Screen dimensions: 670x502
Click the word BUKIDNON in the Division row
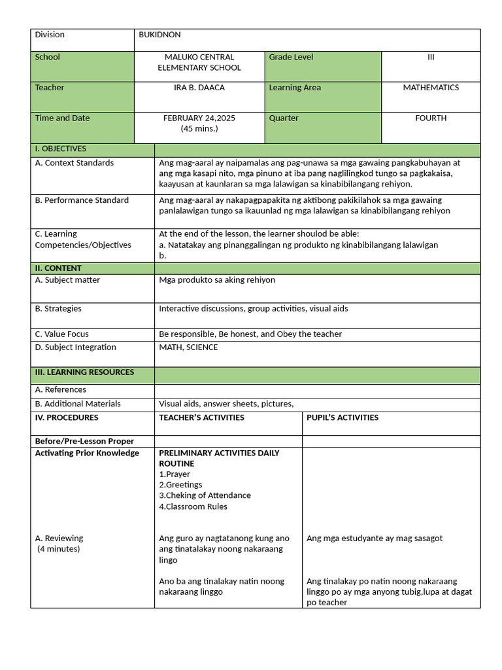[x=159, y=35]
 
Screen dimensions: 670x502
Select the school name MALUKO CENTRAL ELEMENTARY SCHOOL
[x=199, y=62]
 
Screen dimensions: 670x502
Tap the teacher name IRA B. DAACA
[x=199, y=88]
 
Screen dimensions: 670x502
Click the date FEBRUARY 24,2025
[x=199, y=118]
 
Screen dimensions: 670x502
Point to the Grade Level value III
[x=431, y=58]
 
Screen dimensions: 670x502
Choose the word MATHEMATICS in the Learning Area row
[x=431, y=88]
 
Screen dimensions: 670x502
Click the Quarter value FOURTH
[x=431, y=118]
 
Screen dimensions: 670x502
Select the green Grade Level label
[x=291, y=58]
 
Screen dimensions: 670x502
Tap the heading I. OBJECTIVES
[x=60, y=149]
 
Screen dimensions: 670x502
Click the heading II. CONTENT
[x=58, y=268]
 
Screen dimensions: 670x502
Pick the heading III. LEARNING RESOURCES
[x=84, y=372]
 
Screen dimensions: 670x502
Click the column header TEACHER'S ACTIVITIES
[x=201, y=417]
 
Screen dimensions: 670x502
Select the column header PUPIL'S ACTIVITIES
[x=343, y=417]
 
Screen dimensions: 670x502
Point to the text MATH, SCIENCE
[x=188, y=347]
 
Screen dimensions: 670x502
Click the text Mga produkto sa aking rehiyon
[x=217, y=280]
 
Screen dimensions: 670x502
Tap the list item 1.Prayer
[x=175, y=474]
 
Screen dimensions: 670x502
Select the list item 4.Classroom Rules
[x=193, y=506]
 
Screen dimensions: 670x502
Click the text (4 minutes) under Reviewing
[x=59, y=549]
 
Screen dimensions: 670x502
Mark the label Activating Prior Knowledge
[x=87, y=453]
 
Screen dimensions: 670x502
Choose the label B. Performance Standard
[x=82, y=200]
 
